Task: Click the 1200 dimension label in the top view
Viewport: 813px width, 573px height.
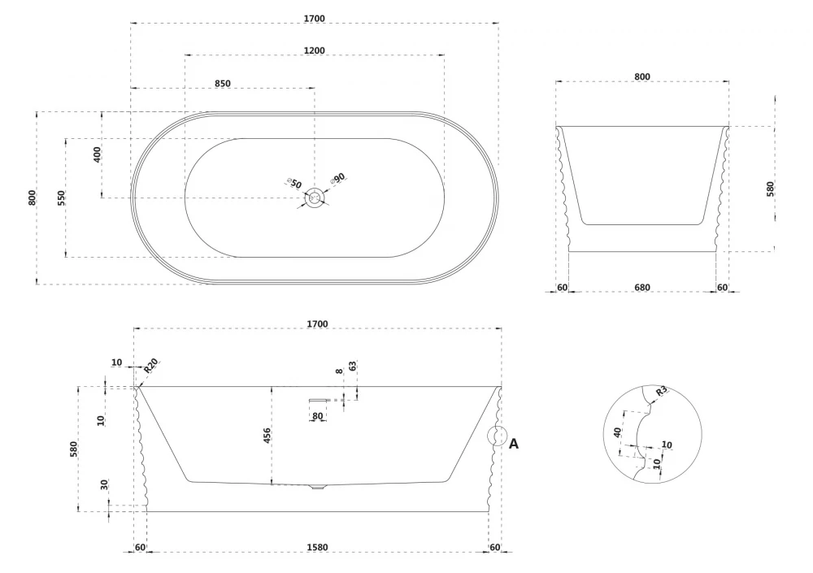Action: coord(314,50)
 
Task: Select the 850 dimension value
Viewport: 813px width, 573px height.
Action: coord(223,84)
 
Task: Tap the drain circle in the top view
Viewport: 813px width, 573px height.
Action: coord(314,198)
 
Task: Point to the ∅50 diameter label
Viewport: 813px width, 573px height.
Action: coord(294,183)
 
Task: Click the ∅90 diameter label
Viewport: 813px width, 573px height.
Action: coord(337,179)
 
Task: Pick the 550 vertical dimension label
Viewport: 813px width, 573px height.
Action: coord(61,198)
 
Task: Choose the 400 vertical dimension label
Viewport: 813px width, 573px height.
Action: coord(97,154)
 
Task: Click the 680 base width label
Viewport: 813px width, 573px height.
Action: coord(642,287)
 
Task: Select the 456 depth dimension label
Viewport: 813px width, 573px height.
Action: coord(267,436)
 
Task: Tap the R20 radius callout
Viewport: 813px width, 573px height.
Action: coord(150,366)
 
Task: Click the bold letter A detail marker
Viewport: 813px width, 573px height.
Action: coord(513,444)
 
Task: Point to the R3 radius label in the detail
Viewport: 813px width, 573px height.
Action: coord(661,391)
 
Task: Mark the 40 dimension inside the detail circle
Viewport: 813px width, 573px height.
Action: coord(617,432)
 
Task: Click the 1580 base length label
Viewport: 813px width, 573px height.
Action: coord(317,547)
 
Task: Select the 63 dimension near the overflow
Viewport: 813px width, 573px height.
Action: coord(353,366)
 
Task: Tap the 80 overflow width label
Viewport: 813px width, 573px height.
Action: coord(318,416)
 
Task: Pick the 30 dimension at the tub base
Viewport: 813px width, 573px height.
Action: coord(104,485)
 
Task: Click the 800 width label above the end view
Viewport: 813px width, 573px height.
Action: coord(642,76)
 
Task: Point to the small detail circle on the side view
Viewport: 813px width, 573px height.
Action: coord(498,436)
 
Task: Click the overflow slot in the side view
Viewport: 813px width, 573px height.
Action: coord(319,401)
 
